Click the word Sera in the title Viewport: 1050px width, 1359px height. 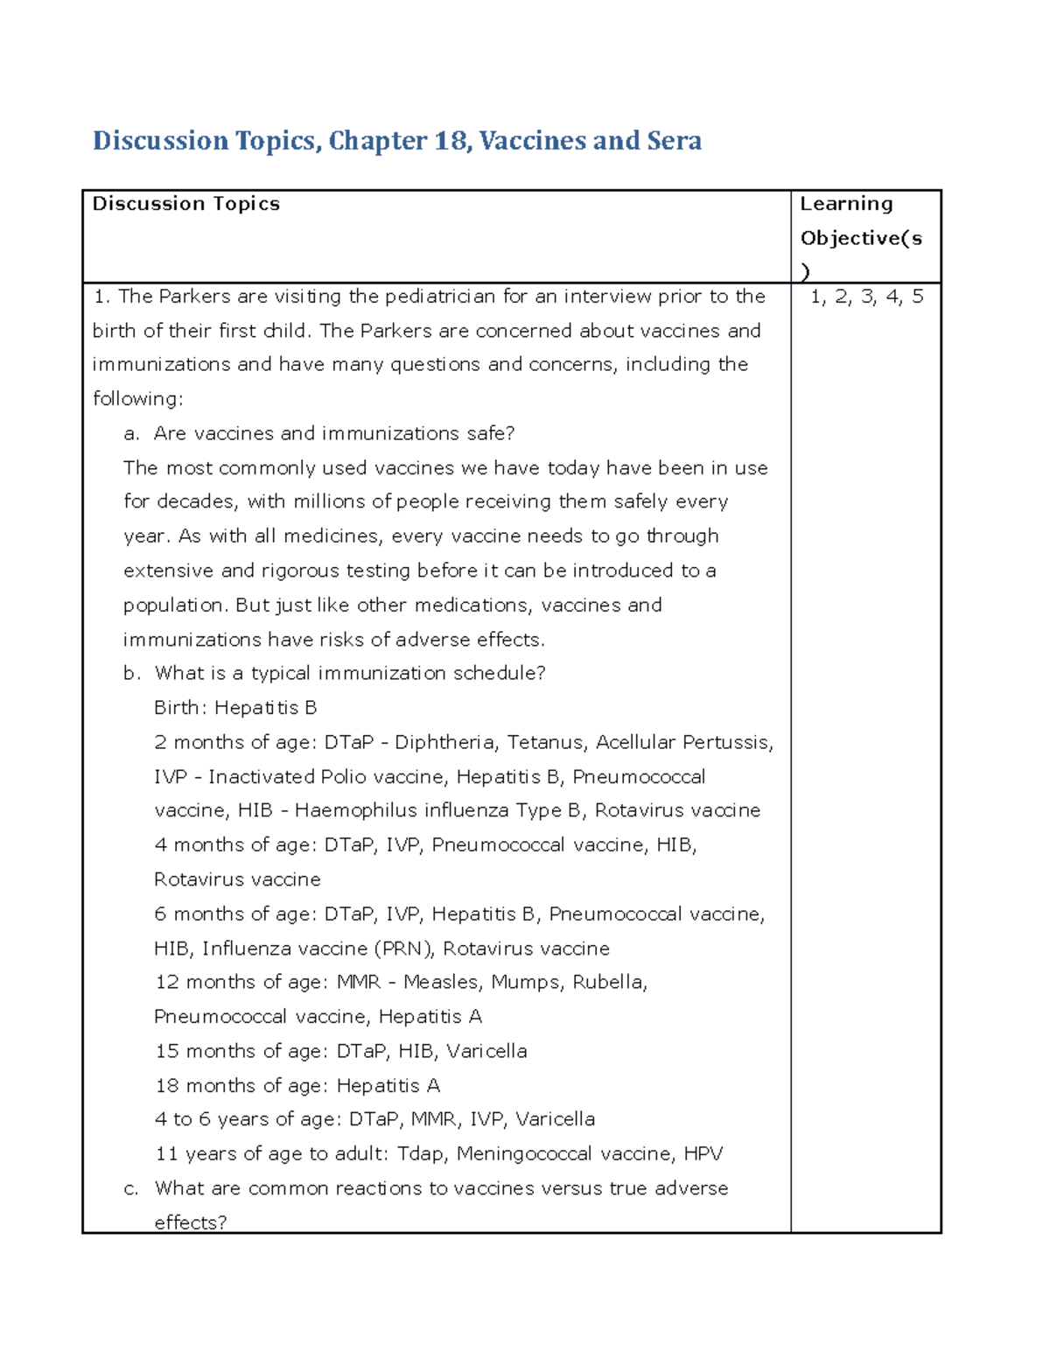click(x=674, y=141)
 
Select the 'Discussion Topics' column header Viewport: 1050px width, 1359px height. click(x=186, y=204)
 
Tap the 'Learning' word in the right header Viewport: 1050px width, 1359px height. click(x=846, y=204)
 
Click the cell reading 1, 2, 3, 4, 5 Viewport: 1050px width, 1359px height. click(x=866, y=297)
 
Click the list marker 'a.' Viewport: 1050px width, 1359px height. click(x=132, y=434)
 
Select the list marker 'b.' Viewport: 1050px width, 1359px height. click(x=132, y=674)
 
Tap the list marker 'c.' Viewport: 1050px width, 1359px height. click(x=132, y=1188)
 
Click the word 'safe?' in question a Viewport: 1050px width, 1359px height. click(x=491, y=434)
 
